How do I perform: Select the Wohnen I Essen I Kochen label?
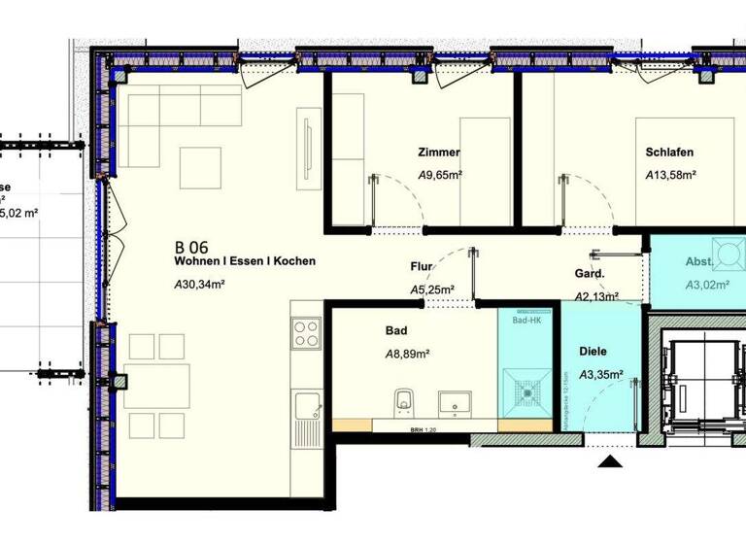(x=245, y=261)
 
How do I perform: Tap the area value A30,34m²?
(x=199, y=285)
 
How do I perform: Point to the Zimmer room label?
(x=438, y=153)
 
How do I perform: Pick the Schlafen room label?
(x=670, y=153)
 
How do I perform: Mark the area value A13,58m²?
(x=671, y=176)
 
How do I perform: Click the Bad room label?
(x=396, y=330)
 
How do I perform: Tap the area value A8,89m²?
(x=408, y=355)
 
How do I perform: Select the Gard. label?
(x=590, y=274)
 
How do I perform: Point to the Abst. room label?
(x=699, y=262)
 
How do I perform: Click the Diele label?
(x=593, y=351)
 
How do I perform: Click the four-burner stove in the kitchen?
(x=307, y=332)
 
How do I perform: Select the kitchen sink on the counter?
(x=308, y=407)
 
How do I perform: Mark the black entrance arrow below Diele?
(x=609, y=462)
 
